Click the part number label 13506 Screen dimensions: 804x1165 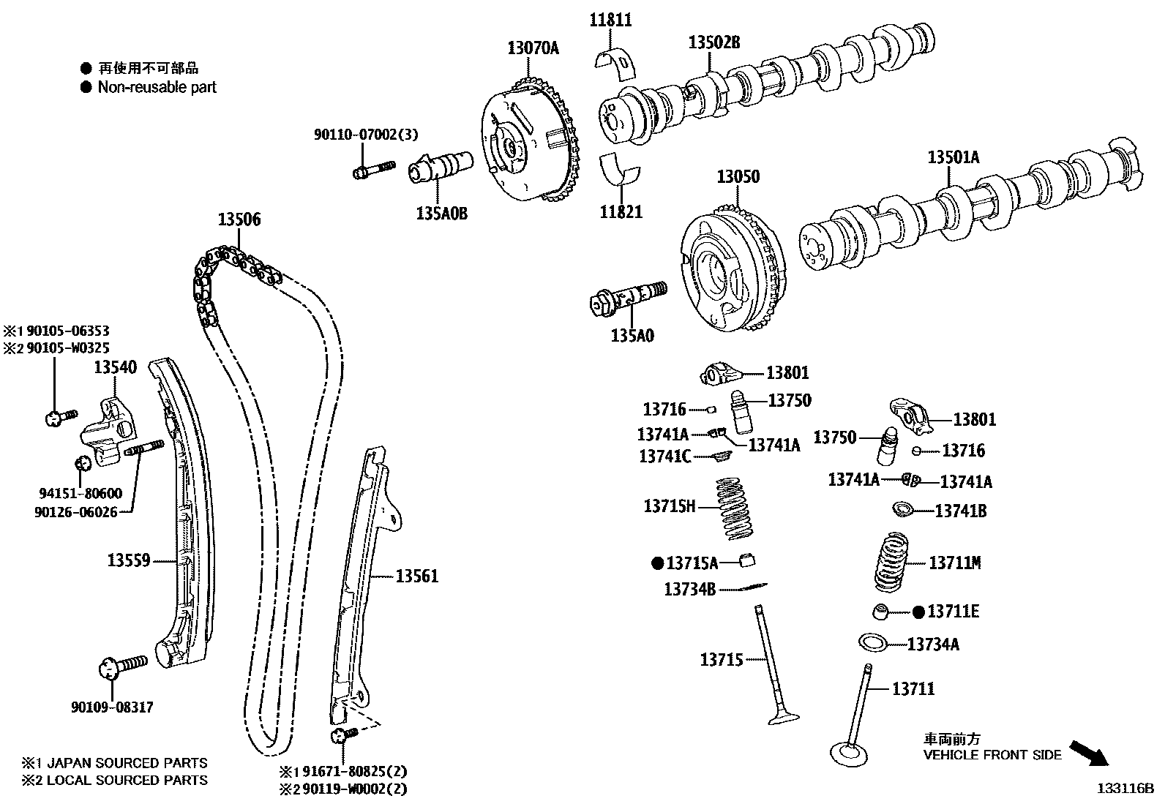tap(239, 219)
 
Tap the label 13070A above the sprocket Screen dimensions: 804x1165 tap(533, 48)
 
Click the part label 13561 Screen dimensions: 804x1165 tap(417, 576)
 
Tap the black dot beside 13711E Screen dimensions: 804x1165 tap(918, 612)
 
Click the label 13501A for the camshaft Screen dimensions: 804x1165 tap(953, 157)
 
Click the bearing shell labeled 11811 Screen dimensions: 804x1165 tap(620, 63)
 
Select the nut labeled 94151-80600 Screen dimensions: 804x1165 tap(83, 462)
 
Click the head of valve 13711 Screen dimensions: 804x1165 tap(849, 754)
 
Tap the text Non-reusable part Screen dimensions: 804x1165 tap(157, 87)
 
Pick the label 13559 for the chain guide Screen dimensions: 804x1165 tap(129, 560)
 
